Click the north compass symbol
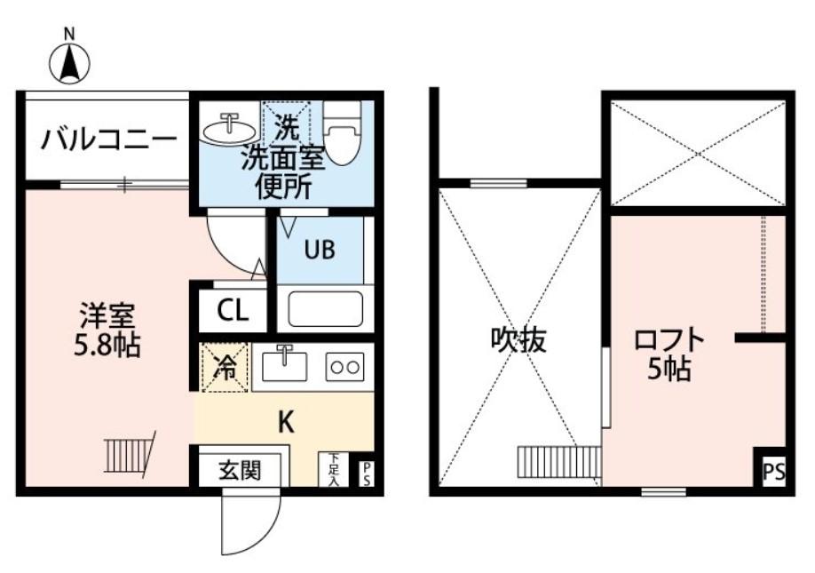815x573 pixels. coord(69,62)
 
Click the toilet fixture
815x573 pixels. coord(342,131)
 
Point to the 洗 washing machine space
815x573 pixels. coord(287,124)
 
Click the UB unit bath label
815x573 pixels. coord(320,251)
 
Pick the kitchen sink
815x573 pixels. coord(285,365)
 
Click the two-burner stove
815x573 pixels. coord(344,366)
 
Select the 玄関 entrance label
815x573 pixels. coord(240,469)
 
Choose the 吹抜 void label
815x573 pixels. coord(518,340)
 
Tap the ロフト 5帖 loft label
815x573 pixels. coord(669,354)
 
